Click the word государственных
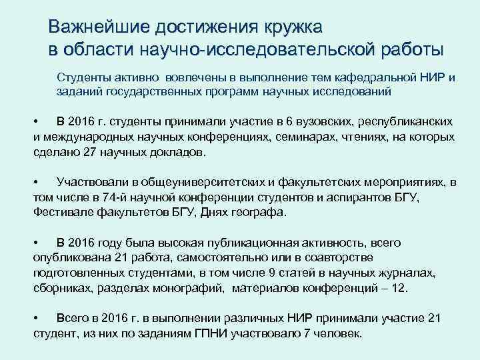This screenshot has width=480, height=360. pos(154,91)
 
